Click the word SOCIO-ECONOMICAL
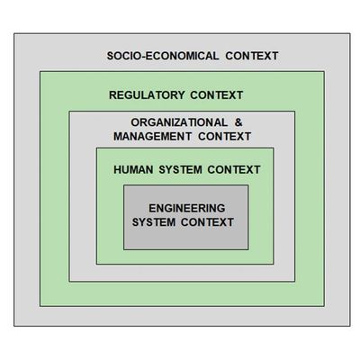click(163, 56)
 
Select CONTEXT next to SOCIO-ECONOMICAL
click(252, 56)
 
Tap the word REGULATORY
click(147, 95)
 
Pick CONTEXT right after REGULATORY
click(217, 95)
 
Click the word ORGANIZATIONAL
click(179, 122)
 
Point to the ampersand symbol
click(238, 122)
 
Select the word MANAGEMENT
click(152, 137)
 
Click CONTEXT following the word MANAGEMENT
click(225, 137)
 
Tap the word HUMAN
click(133, 170)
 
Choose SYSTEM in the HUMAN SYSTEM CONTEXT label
click(180, 170)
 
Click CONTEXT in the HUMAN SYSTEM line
click(234, 170)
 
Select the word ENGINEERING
click(187, 208)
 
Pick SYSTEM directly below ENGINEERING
click(154, 222)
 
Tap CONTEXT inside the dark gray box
click(207, 222)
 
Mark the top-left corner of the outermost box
click(14, 33)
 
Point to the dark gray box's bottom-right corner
click(248, 249)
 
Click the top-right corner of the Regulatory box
click(324, 71)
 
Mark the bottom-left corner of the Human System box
click(96, 264)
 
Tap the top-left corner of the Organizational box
click(69, 112)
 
